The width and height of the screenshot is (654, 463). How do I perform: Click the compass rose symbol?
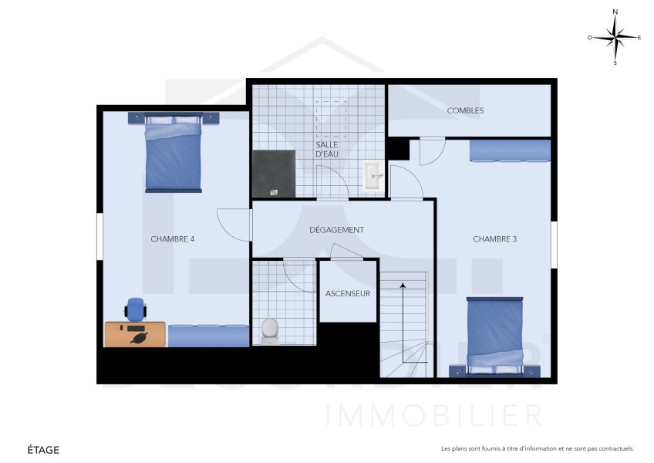coord(615,37)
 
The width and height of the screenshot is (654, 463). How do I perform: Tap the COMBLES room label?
coord(465,110)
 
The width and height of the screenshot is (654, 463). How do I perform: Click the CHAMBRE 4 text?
coord(172,239)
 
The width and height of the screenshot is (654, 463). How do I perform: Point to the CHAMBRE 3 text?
coord(494,239)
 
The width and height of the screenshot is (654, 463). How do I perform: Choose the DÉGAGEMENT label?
coord(336,230)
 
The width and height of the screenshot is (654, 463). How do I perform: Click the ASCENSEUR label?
coord(348,293)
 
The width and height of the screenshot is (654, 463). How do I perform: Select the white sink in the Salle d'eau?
coord(374,176)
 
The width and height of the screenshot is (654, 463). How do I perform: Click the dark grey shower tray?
coord(274,173)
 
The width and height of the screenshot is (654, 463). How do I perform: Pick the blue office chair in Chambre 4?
coord(136,309)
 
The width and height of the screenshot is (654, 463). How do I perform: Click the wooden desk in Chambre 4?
coord(135,335)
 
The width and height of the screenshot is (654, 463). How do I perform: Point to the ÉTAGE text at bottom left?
coord(43,449)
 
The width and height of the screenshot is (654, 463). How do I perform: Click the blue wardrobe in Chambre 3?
coord(510,150)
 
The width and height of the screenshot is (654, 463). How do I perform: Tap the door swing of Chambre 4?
coord(234,224)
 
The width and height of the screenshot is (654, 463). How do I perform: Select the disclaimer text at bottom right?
coord(537,448)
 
